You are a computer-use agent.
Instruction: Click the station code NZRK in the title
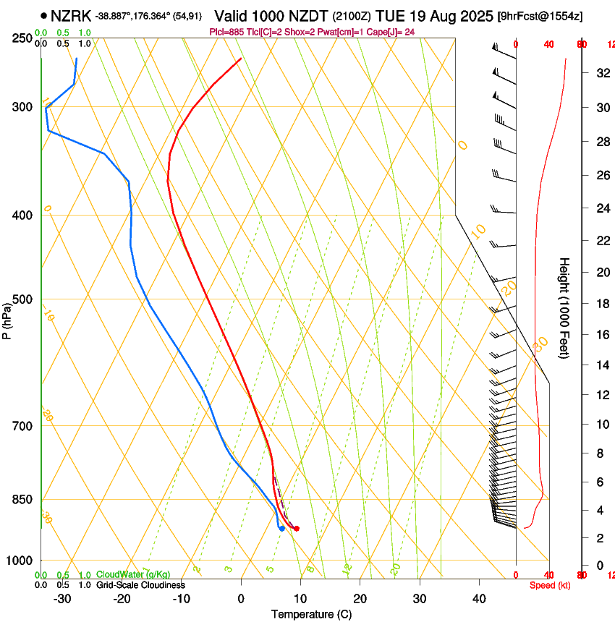(72, 15)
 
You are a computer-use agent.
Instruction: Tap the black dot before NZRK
(44, 15)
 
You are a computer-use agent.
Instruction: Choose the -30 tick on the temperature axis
(61, 599)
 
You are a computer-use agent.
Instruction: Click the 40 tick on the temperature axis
(479, 599)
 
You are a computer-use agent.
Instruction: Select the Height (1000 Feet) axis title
(564, 307)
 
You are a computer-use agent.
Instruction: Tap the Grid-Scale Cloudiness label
(140, 584)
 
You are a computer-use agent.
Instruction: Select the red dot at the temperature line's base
(296, 529)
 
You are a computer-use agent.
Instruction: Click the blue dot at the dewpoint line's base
(281, 528)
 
